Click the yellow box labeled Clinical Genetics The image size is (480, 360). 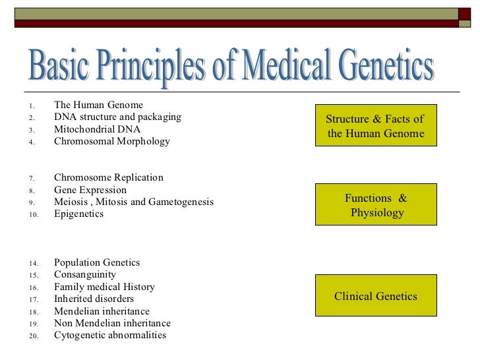coord(375,297)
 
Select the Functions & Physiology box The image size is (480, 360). coord(375,206)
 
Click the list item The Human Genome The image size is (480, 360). coord(98,105)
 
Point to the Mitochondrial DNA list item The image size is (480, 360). coord(97,129)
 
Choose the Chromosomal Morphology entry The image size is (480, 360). coord(111,141)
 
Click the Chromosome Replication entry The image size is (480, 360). coord(109,178)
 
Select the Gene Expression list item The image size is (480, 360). coord(90,190)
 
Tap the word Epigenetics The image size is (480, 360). coord(79,214)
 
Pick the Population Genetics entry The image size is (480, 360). coord(97,262)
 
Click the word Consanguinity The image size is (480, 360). coord(85,275)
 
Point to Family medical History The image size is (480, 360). coord(104,287)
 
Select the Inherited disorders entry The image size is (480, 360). coord(94,299)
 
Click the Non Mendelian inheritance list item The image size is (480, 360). coord(112,323)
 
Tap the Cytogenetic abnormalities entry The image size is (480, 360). coord(110,336)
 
